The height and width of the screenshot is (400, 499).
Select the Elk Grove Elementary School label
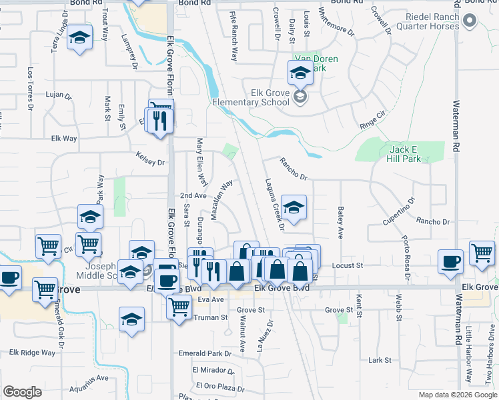point(251,97)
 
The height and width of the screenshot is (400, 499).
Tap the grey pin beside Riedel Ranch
point(470,21)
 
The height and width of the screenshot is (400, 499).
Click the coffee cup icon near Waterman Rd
point(451,261)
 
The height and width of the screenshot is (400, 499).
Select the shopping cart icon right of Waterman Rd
point(482,253)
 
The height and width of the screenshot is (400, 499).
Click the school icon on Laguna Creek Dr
point(293,207)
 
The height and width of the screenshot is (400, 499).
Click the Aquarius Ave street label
point(88,378)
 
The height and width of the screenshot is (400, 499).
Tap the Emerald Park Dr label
point(204,353)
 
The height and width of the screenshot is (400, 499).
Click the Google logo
point(22,391)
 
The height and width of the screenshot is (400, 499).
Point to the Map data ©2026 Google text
point(458,395)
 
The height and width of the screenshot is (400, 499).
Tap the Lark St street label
point(380,360)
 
